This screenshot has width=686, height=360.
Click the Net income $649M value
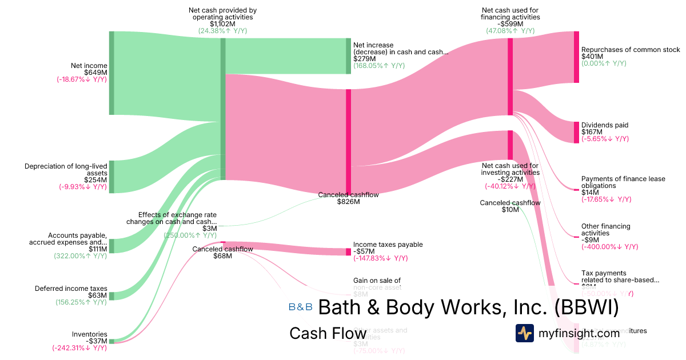(x=95, y=73)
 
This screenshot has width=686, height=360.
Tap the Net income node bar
(x=111, y=73)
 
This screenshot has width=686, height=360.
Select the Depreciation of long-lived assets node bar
(x=111, y=177)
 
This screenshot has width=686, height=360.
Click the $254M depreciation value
(x=95, y=179)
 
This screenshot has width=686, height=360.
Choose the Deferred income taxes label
(x=71, y=289)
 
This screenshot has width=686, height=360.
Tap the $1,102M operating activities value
(x=222, y=24)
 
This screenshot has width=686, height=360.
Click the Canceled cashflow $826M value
(x=348, y=202)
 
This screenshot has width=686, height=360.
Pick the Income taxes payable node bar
(x=348, y=251)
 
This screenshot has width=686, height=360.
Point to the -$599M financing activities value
(x=510, y=24)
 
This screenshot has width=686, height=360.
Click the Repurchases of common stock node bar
(x=576, y=57)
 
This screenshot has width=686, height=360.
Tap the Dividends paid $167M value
(x=592, y=132)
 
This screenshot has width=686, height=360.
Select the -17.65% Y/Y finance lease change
(x=606, y=199)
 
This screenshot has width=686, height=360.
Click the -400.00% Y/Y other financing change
(x=609, y=247)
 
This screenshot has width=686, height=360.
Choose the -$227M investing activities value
(x=510, y=179)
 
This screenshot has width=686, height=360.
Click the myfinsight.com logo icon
(x=524, y=333)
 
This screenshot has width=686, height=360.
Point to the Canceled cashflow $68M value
(x=222, y=256)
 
